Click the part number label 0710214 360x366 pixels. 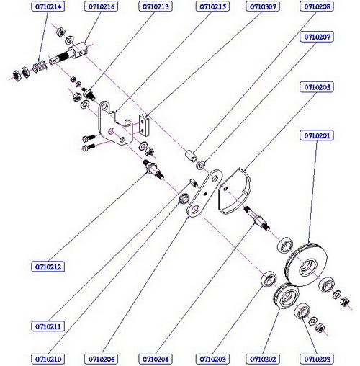[x=48, y=6]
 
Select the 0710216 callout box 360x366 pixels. [x=102, y=6]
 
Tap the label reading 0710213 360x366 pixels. [x=156, y=6]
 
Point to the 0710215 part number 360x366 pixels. [x=212, y=6]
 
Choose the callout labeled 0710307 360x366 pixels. [x=263, y=6]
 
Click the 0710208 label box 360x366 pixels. [x=317, y=6]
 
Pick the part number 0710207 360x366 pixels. [x=317, y=37]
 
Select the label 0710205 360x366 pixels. [x=317, y=87]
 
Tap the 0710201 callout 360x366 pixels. [x=317, y=135]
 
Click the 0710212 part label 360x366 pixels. [x=48, y=267]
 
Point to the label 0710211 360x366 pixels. [x=48, y=326]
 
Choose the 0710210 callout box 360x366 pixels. [x=48, y=360]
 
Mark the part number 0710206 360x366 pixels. [x=102, y=360]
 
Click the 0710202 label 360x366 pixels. [x=263, y=360]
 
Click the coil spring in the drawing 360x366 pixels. [x=40, y=67]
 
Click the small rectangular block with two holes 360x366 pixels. [x=145, y=125]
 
